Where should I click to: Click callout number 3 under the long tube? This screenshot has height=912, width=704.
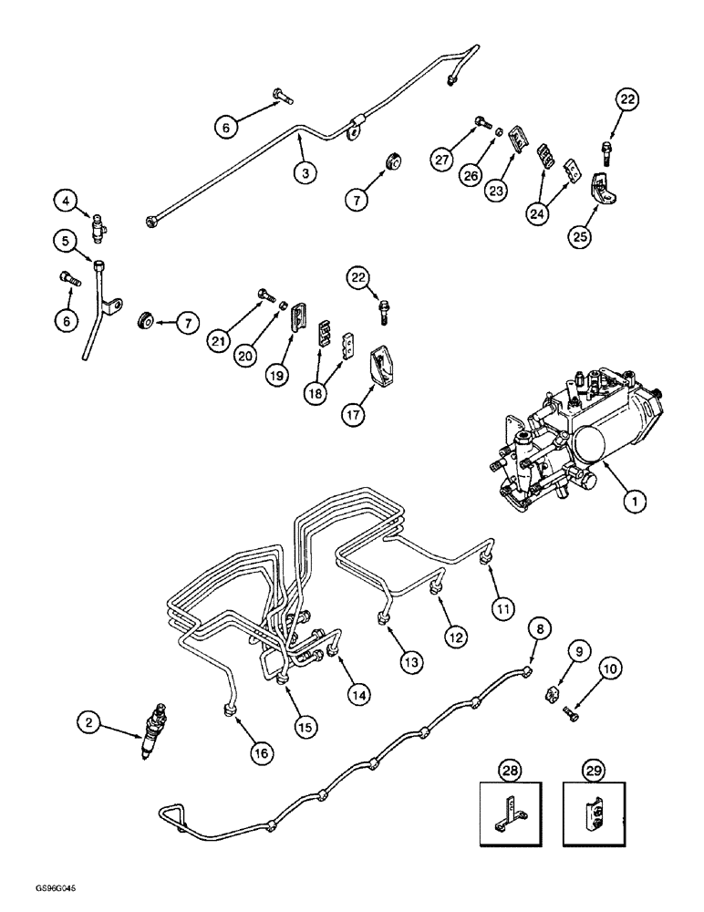pos(305,171)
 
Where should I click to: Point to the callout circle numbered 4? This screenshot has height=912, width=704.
pos(63,198)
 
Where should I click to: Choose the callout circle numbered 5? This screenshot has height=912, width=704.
pos(63,241)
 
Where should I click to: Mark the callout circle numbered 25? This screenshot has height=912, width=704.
pos(580,236)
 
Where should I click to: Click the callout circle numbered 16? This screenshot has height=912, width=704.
pos(262,752)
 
